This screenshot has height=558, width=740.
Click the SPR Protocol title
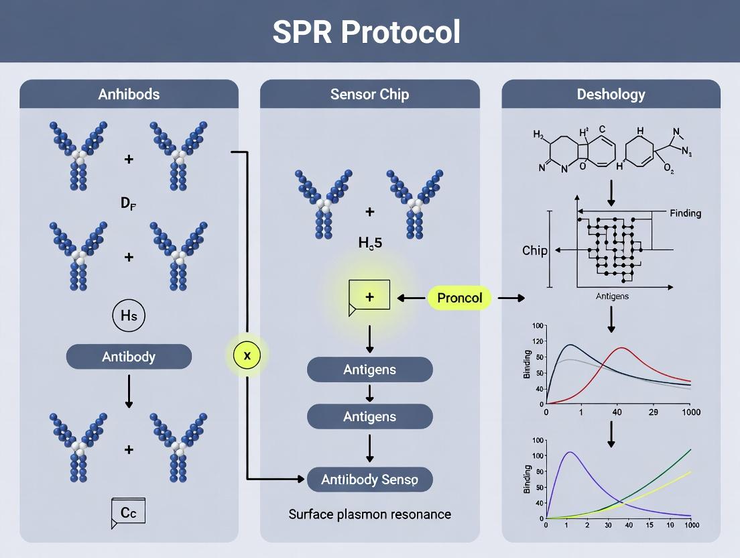click(367, 32)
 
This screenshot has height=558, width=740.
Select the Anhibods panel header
click(129, 94)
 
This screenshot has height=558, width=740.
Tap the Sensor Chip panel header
click(369, 94)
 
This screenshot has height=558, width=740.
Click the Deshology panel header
click(611, 94)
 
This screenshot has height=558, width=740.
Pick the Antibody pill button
click(129, 357)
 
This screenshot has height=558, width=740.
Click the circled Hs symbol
click(129, 317)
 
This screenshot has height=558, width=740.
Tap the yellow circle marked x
click(247, 355)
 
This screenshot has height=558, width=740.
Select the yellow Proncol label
click(459, 298)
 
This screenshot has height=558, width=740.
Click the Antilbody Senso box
click(369, 480)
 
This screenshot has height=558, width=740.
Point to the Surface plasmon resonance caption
click(369, 514)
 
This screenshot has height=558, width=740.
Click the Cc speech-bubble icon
click(129, 513)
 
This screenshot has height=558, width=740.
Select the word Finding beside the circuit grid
click(685, 213)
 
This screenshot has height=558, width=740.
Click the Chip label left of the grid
click(535, 251)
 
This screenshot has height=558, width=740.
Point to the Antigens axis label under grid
click(611, 296)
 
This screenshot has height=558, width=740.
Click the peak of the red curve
click(623, 348)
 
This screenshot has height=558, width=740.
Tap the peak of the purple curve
click(570, 452)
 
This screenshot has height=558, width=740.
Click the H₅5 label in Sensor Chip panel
click(369, 245)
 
